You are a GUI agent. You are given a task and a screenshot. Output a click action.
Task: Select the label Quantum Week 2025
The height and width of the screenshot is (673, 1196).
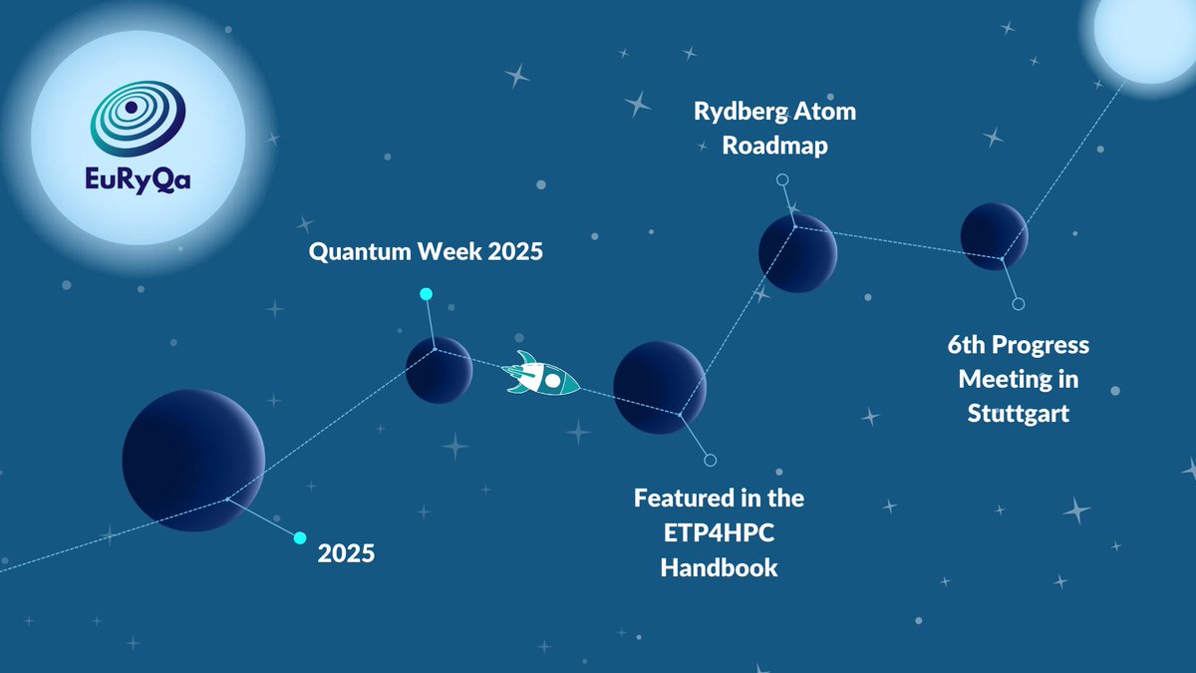click(426, 252)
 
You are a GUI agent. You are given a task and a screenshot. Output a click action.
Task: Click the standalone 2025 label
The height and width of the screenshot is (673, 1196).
click(346, 552)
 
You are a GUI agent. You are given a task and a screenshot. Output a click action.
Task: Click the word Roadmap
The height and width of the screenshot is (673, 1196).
click(774, 146)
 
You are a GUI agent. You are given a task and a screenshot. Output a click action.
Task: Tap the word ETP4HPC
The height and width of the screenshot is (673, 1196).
click(719, 532)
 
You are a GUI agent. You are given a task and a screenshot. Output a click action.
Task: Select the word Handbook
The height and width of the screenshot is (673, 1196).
click(719, 567)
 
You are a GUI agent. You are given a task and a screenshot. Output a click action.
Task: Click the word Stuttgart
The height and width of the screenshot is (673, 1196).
click(1018, 413)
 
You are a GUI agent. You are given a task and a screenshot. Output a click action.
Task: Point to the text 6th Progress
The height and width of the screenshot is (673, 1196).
click(1018, 345)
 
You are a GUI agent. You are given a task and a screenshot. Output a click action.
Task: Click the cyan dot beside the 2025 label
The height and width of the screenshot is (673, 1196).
click(300, 537)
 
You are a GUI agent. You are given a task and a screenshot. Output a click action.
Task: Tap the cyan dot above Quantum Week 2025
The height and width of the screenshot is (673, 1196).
click(426, 294)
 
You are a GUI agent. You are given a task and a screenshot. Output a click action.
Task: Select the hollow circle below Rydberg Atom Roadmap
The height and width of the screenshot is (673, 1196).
click(782, 179)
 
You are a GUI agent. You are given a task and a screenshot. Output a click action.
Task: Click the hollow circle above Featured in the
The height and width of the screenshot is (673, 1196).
click(710, 461)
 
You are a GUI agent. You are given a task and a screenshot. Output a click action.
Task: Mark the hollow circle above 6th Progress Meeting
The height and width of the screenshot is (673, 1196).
click(1018, 304)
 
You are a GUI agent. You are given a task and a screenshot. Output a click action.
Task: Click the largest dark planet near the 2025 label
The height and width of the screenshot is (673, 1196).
click(193, 460)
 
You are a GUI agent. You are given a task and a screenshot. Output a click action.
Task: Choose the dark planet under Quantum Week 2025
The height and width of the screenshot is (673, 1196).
click(440, 370)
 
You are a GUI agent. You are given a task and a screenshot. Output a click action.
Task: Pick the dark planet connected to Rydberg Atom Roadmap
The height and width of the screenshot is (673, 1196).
click(797, 252)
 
